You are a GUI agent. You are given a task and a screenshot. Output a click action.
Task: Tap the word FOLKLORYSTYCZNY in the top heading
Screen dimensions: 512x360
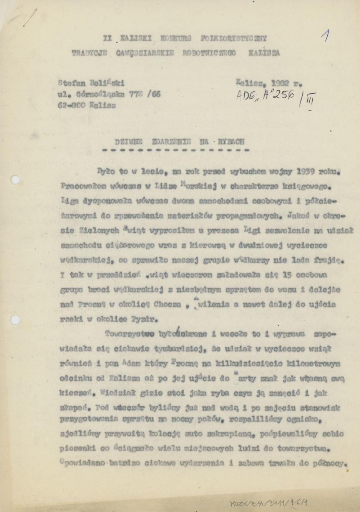pos(233,38)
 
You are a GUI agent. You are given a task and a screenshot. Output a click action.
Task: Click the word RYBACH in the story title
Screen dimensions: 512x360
pos(231,141)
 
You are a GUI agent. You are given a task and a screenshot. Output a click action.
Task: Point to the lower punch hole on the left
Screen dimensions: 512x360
pos(15,319)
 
